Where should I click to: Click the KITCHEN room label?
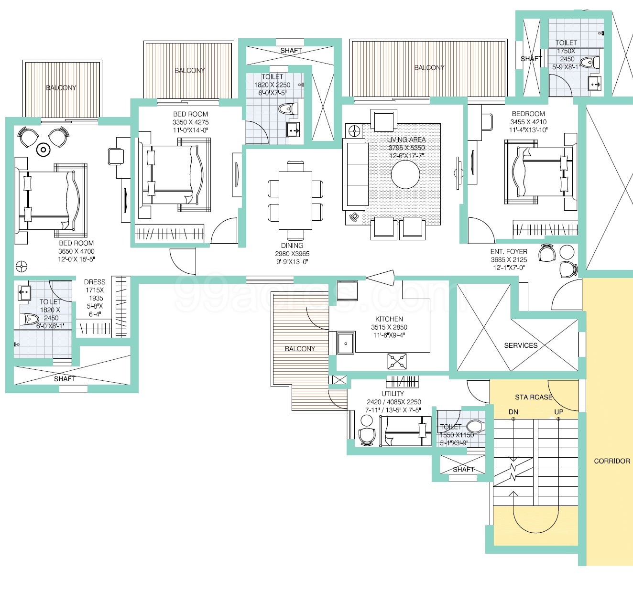pyautogui.click(x=389, y=319)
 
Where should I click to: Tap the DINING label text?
pyautogui.click(x=292, y=246)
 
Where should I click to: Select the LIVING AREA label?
pyautogui.click(x=406, y=140)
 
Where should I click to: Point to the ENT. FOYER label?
pyautogui.click(x=509, y=251)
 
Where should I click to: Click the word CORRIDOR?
pyautogui.click(x=611, y=461)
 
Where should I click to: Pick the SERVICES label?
pyautogui.click(x=521, y=345)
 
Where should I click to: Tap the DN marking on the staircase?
pyautogui.click(x=513, y=412)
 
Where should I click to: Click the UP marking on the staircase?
pyautogui.click(x=558, y=412)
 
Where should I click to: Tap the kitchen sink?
pyautogui.click(x=345, y=343)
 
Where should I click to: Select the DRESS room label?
pyautogui.click(x=95, y=282)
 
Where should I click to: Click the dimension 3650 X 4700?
pyautogui.click(x=76, y=251)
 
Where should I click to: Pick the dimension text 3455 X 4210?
pyautogui.click(x=528, y=122)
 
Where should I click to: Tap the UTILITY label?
pyautogui.click(x=393, y=394)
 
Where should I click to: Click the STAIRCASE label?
pyautogui.click(x=533, y=397)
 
